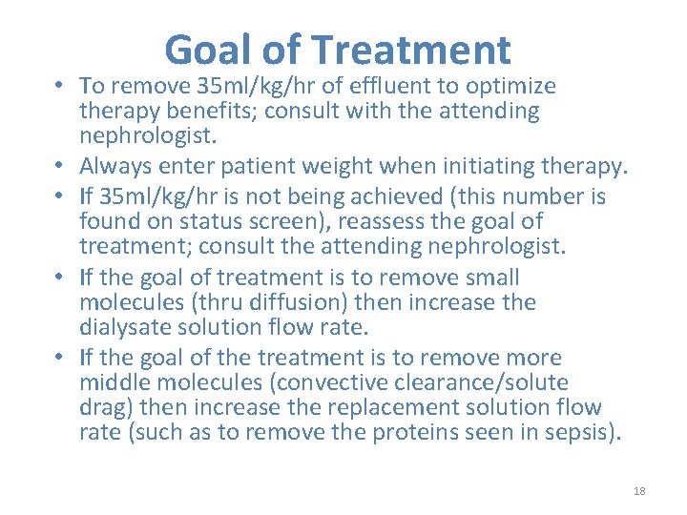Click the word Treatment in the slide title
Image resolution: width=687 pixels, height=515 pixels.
point(411,50)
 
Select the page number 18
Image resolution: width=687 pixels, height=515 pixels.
point(639,491)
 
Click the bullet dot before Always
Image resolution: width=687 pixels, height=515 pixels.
point(59,167)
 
